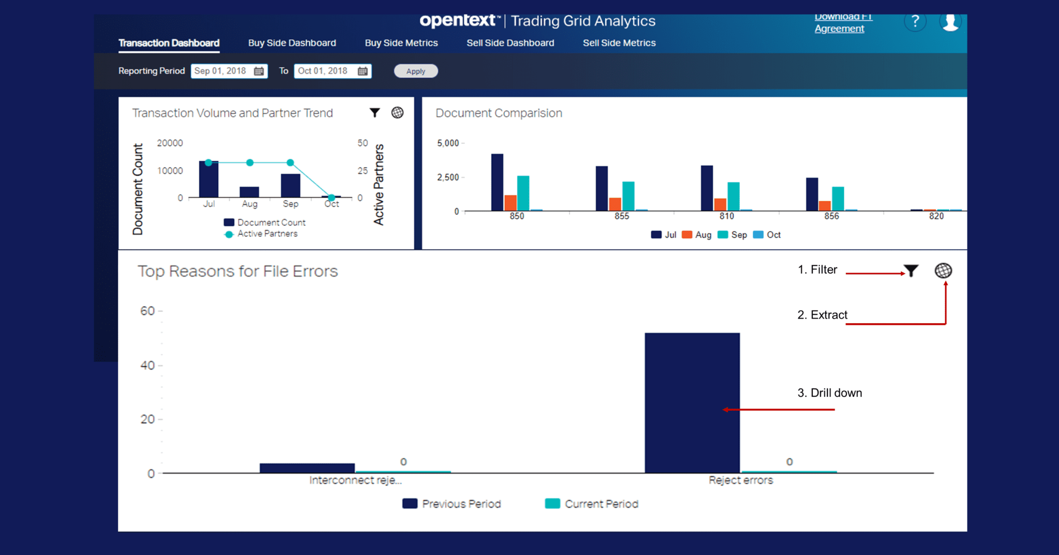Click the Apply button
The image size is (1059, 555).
pyautogui.click(x=416, y=71)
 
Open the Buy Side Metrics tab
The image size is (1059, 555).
pyautogui.click(x=401, y=43)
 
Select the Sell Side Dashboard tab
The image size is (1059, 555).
pyautogui.click(x=510, y=43)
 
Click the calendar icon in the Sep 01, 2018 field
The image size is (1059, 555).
pyautogui.click(x=259, y=71)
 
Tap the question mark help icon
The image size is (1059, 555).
pyautogui.click(x=915, y=22)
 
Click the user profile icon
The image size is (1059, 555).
pyautogui.click(x=950, y=22)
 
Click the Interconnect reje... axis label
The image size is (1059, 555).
pyautogui.click(x=355, y=480)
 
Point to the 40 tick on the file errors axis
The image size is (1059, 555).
pyautogui.click(x=147, y=365)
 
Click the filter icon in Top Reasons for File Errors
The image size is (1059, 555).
pyautogui.click(x=911, y=271)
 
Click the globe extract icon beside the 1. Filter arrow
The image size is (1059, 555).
pyautogui.click(x=943, y=271)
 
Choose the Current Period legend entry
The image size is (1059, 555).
pyautogui.click(x=592, y=503)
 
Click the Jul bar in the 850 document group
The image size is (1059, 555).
pyautogui.click(x=497, y=182)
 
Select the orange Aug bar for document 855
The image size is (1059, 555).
pyautogui.click(x=615, y=204)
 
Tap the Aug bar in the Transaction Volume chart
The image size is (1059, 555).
pyautogui.click(x=249, y=191)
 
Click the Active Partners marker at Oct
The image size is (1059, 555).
pyautogui.click(x=331, y=197)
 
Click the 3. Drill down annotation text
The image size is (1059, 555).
pyautogui.click(x=829, y=393)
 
